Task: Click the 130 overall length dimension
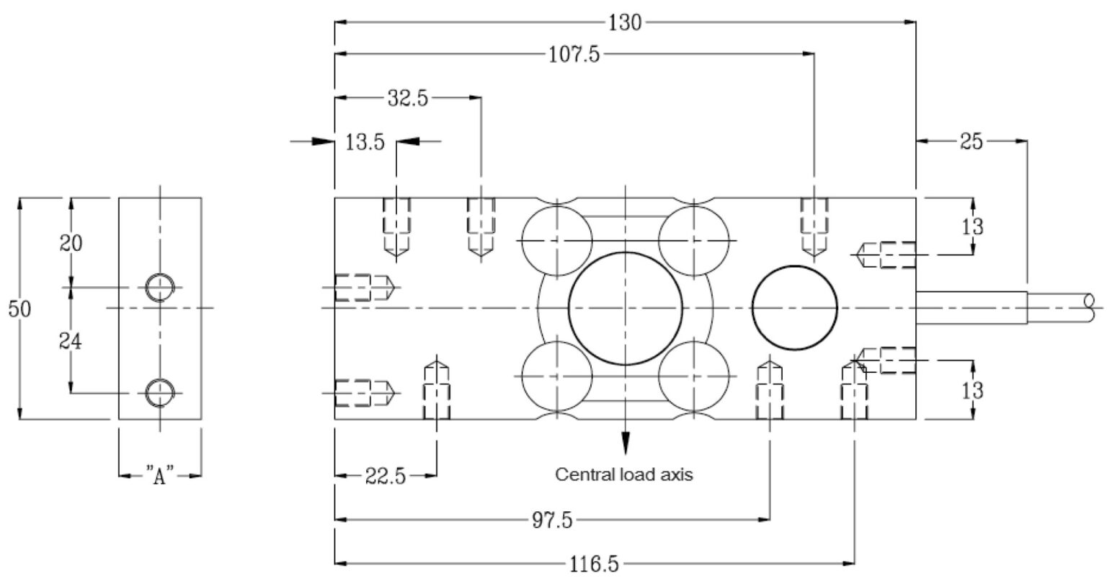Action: coord(624,22)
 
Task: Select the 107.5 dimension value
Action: coord(574,55)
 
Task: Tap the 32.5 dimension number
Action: coord(407,98)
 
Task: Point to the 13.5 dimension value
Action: coord(365,142)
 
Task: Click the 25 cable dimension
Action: coord(971,142)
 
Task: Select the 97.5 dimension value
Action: coord(551,520)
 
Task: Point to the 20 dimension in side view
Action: coord(71,243)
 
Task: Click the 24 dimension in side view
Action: coord(71,341)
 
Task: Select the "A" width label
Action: coord(160,476)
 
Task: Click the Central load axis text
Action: coord(623,475)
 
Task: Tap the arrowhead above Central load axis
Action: coord(625,443)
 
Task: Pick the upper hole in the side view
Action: coord(159,287)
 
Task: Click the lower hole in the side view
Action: coord(159,392)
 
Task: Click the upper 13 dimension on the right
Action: coord(972,226)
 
